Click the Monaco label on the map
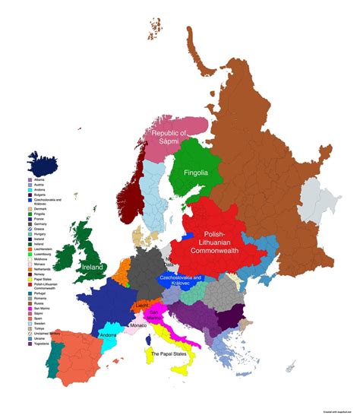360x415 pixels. pos(137,325)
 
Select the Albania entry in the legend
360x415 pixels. pos(39,181)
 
